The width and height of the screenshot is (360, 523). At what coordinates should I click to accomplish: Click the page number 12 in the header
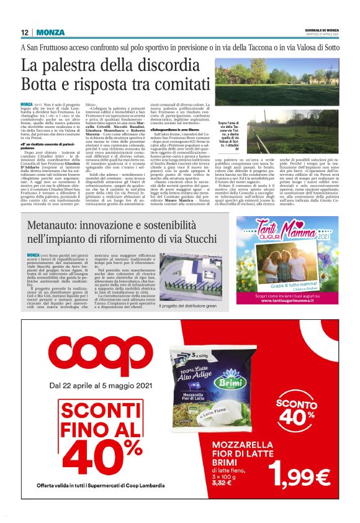tap(24, 32)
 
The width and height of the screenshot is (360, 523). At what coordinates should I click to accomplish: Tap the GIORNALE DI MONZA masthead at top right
tap(322, 30)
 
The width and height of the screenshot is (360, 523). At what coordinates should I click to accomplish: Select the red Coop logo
tap(88, 356)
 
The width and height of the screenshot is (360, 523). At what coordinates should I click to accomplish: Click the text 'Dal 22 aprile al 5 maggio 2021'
tap(93, 389)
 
